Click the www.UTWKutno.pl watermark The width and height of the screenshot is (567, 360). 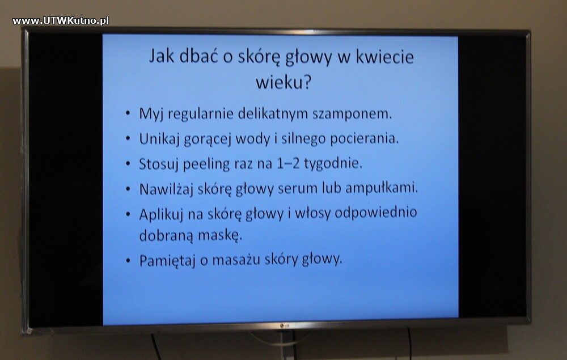click(x=61, y=20)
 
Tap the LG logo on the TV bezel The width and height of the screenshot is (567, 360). click(x=285, y=325)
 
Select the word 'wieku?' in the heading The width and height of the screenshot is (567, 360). click(x=283, y=83)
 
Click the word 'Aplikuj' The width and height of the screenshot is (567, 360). click(x=162, y=214)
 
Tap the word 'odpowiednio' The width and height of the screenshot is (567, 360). click(x=376, y=213)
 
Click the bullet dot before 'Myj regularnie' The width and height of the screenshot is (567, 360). click(x=128, y=113)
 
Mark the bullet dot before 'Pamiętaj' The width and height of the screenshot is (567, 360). click(x=128, y=260)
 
